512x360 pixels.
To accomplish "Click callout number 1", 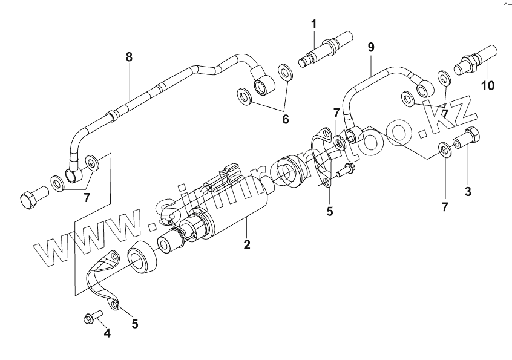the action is (314, 24).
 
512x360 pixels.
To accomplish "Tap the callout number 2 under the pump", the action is (247, 245).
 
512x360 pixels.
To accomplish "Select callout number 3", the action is (467, 192).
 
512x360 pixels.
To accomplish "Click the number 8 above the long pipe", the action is (129, 57).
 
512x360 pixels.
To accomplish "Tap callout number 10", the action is (488, 85).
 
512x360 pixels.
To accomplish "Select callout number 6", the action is (285, 119).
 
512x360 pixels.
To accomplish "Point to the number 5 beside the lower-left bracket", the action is (134, 324).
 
